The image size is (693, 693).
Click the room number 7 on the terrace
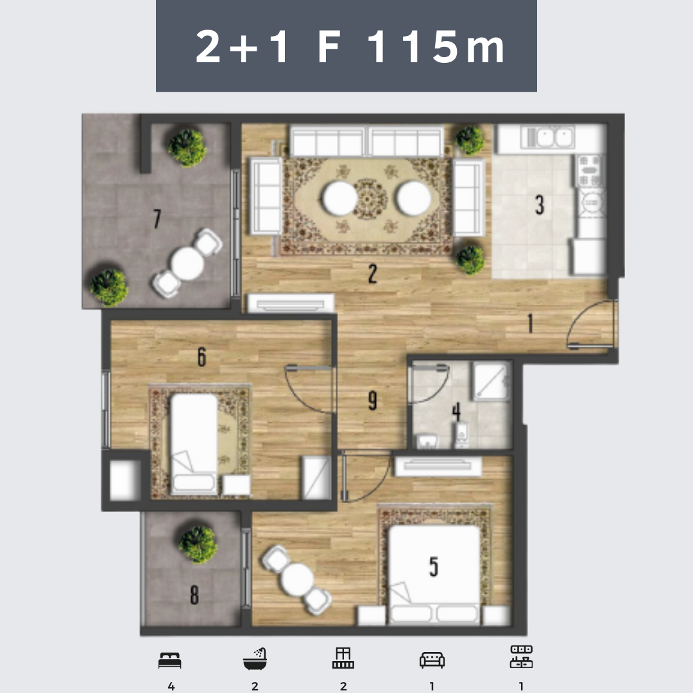coord(157,218)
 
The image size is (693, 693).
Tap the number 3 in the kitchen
coord(540,205)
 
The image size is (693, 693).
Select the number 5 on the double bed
coord(434,567)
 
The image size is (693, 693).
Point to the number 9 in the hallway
coord(373,400)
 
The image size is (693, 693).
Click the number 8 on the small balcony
coord(194,595)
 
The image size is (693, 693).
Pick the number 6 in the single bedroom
coord(201,357)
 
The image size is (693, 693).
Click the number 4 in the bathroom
coord(457,411)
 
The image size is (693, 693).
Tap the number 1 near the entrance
coord(531,323)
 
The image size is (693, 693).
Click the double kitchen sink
coord(548,137)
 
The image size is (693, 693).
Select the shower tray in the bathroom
coord(492,381)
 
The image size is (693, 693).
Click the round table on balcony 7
coord(187,264)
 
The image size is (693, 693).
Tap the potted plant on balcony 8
coord(198,544)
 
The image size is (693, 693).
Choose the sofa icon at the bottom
coord(432,660)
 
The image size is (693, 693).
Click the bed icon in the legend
coord(169,660)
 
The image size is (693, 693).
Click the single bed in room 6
coord(194,444)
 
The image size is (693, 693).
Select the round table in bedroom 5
coord(297,579)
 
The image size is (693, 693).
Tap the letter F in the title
coord(329,47)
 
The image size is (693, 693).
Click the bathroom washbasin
coord(427,441)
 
